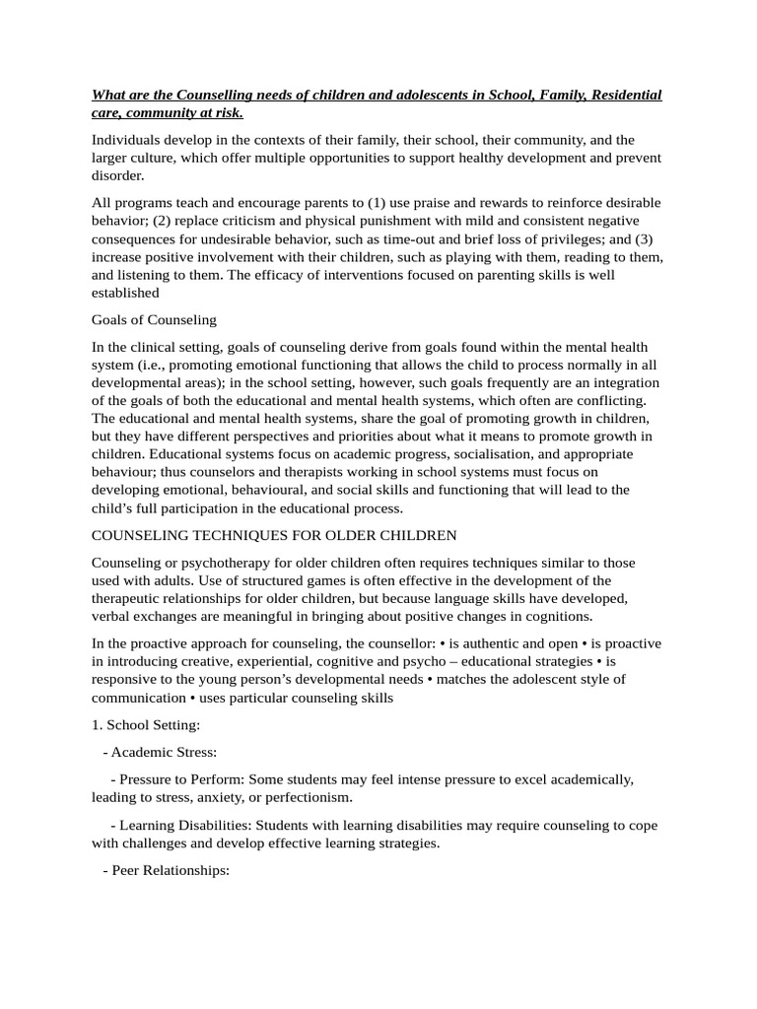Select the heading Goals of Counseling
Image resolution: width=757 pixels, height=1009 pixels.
[x=154, y=319]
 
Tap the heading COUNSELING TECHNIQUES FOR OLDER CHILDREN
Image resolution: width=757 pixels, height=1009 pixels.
[x=274, y=535]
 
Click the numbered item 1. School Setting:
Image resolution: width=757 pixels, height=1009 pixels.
[x=146, y=724]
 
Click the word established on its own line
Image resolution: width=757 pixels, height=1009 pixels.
[x=125, y=293]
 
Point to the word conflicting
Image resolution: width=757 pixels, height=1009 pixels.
[x=609, y=400]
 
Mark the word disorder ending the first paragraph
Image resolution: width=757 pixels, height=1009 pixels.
[x=117, y=175]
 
